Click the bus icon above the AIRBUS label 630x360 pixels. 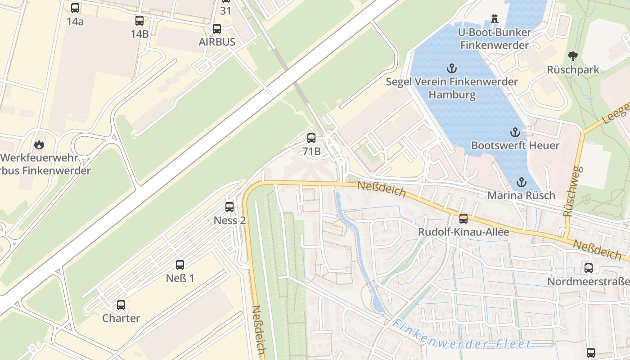coord(217,29)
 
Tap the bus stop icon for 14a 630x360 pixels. coord(75,8)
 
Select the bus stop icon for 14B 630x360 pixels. coord(139,21)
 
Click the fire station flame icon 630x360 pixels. coord(40,144)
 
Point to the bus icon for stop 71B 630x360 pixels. coord(311,138)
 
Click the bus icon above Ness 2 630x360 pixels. coord(229,207)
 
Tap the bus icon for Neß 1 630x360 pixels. coord(180,265)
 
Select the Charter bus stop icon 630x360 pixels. coord(121,305)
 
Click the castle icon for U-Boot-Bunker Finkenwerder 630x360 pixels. coord(495,19)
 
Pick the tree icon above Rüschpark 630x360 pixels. coord(573,56)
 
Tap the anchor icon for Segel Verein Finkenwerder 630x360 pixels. coord(451,68)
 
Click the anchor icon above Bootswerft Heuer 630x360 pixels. coord(515,132)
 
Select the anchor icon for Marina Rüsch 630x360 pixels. coord(522,182)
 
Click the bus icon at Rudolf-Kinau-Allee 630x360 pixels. coord(463,219)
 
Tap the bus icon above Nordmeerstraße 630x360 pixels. coord(589,268)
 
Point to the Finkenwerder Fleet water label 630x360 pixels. coord(461,335)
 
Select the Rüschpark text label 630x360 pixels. coord(573,70)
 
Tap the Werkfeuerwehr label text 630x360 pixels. coord(40,158)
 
